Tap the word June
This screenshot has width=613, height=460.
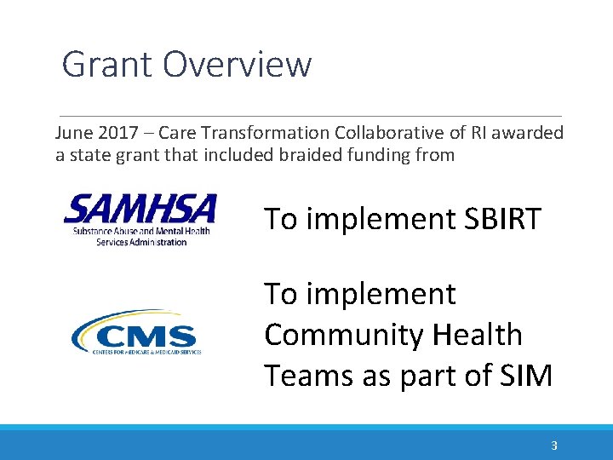point(72,134)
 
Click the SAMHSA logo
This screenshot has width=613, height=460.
point(140,219)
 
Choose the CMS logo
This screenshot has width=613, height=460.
point(136,332)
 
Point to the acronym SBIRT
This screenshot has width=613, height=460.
point(502,219)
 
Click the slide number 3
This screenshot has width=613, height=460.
point(554,446)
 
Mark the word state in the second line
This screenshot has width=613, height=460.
point(86,155)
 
